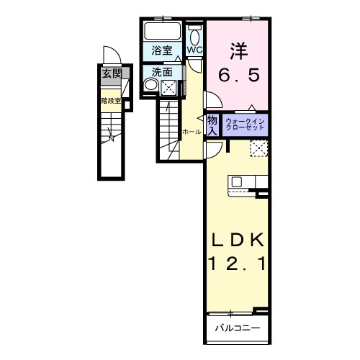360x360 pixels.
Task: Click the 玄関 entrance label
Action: coord(110,73)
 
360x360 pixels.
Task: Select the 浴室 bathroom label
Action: coord(162,50)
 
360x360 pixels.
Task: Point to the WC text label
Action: coord(195,50)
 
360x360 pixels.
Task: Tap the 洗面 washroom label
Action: coord(162,72)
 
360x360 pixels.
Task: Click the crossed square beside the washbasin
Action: coord(169,88)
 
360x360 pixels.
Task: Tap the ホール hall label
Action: coord(191,132)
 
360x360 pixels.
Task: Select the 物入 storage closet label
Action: coord(212,125)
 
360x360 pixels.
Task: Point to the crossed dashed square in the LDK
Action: coord(258,148)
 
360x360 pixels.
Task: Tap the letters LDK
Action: coord(238,240)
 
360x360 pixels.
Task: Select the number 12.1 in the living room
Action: coord(238,265)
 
